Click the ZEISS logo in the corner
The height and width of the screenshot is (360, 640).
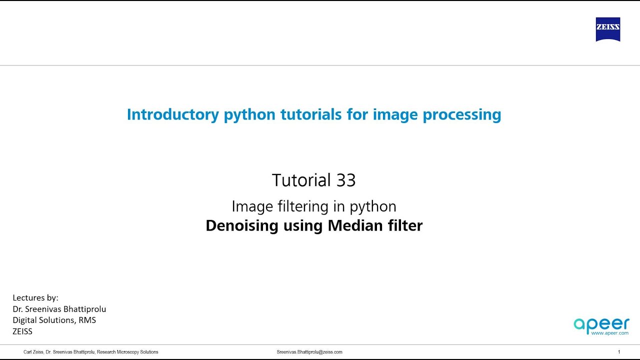(x=607, y=29)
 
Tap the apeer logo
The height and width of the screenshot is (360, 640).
(x=601, y=324)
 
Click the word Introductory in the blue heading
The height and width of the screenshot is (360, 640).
(x=172, y=114)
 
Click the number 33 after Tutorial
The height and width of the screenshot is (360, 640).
(x=345, y=180)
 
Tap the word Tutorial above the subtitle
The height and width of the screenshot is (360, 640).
(x=301, y=180)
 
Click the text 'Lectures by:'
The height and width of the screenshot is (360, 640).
(x=35, y=298)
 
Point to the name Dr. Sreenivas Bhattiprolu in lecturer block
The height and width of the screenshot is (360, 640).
(x=59, y=309)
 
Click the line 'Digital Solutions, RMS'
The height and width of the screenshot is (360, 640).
(x=54, y=320)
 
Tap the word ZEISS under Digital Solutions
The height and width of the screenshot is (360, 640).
(x=22, y=331)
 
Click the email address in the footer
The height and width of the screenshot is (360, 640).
(x=309, y=352)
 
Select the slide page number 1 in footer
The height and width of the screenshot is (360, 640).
(x=619, y=352)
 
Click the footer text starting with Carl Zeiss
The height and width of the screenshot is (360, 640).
(x=91, y=352)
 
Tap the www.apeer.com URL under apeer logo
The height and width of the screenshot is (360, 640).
(x=609, y=332)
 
